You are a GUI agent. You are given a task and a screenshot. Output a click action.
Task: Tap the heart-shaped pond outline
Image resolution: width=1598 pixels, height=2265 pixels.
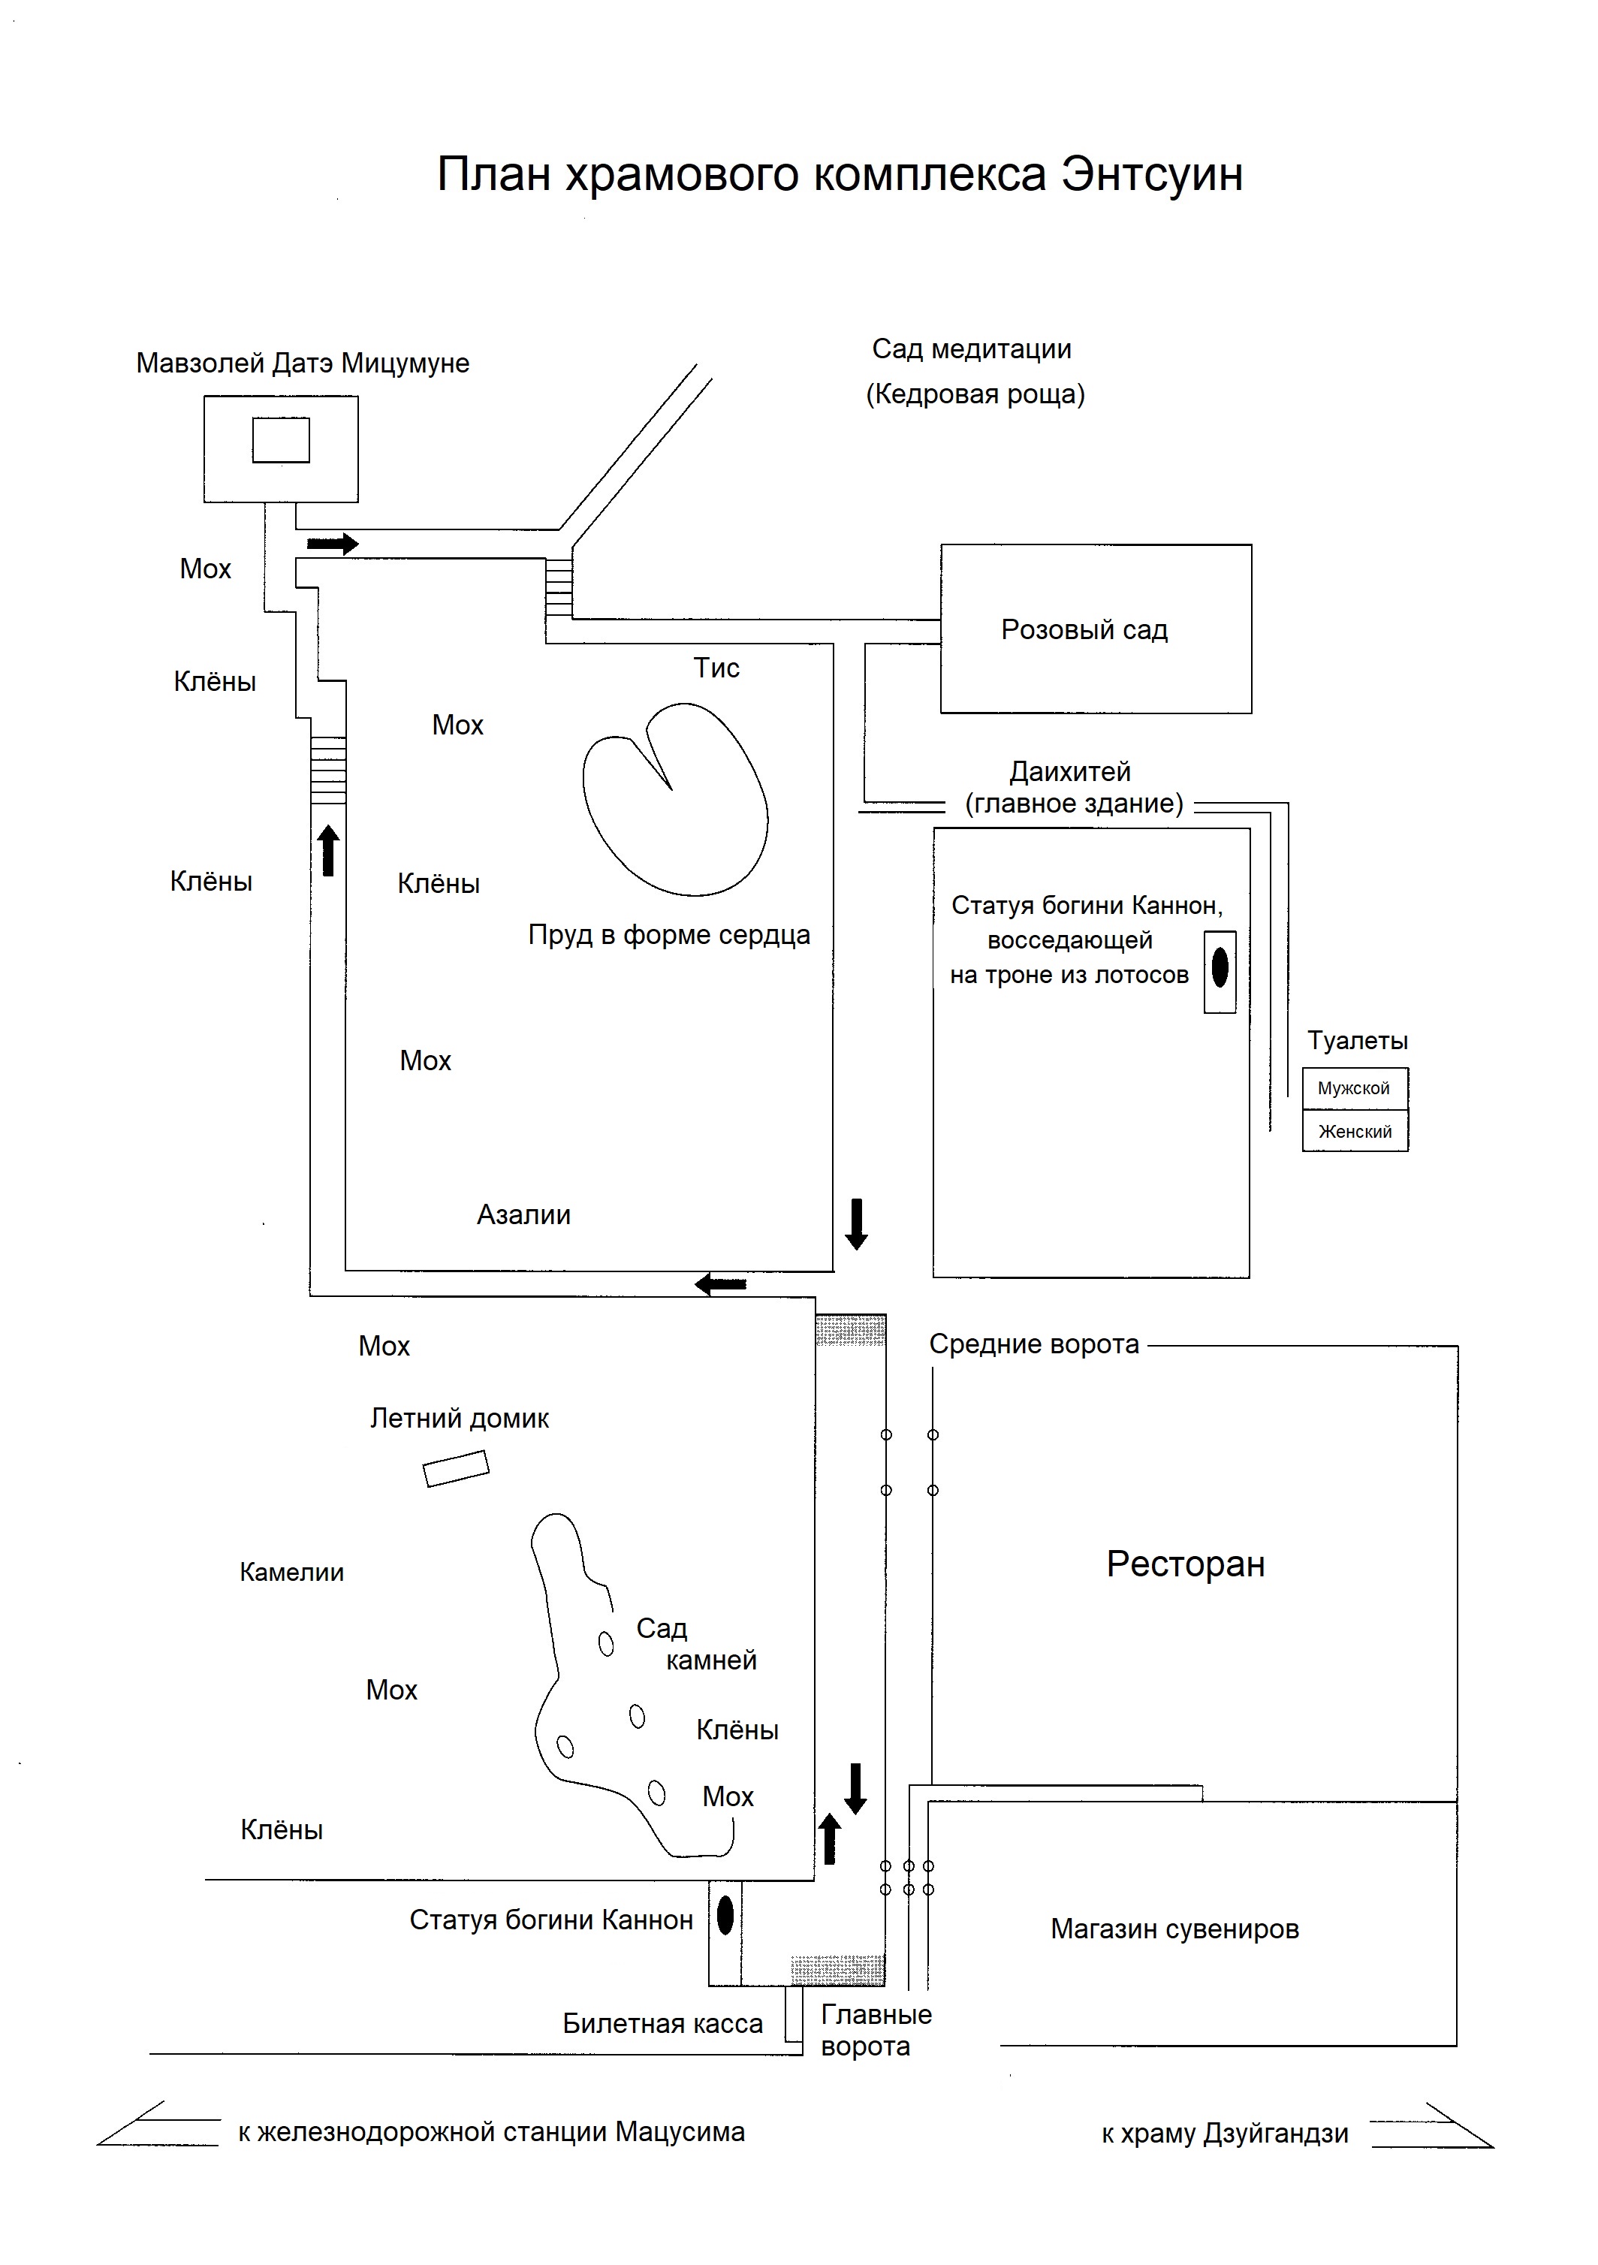676,800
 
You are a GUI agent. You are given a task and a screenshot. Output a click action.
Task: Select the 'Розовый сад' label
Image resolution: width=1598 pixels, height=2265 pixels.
1084,629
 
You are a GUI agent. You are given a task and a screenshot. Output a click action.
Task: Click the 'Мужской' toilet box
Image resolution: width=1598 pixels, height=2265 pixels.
1355,1088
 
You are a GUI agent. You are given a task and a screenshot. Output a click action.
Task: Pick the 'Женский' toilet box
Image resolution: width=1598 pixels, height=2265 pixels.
1355,1132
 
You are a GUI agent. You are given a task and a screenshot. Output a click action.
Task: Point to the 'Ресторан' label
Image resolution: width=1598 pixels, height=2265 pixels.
1185,1564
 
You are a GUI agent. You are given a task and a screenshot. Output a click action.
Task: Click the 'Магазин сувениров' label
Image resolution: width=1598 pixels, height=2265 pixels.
1174,1929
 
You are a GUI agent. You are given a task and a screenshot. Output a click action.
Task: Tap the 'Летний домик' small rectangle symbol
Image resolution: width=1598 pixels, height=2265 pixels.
456,1468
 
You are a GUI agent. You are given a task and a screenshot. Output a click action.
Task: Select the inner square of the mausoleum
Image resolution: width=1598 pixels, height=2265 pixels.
281,440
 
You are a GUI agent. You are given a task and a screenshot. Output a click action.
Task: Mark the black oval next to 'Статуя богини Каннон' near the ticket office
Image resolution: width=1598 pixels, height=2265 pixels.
725,1916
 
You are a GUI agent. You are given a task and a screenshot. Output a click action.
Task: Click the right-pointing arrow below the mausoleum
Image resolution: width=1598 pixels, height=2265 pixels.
333,544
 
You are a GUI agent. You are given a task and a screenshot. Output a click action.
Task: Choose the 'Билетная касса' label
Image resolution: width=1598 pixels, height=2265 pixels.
662,2023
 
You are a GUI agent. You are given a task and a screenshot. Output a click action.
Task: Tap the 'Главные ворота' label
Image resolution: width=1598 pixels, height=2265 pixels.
875,2029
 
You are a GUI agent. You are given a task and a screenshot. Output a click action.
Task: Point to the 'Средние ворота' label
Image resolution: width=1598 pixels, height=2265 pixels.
1034,1344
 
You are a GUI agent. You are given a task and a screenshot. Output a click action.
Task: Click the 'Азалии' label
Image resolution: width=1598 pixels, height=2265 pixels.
524,1214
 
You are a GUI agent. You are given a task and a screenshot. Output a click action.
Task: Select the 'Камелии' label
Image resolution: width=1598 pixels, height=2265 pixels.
292,1573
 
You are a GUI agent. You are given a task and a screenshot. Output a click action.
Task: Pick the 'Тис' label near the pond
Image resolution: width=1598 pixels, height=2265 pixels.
716,668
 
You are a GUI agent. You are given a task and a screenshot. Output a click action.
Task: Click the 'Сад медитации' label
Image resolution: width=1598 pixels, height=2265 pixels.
972,349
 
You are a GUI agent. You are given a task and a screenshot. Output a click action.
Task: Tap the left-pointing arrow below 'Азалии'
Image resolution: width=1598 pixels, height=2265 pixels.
720,1284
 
